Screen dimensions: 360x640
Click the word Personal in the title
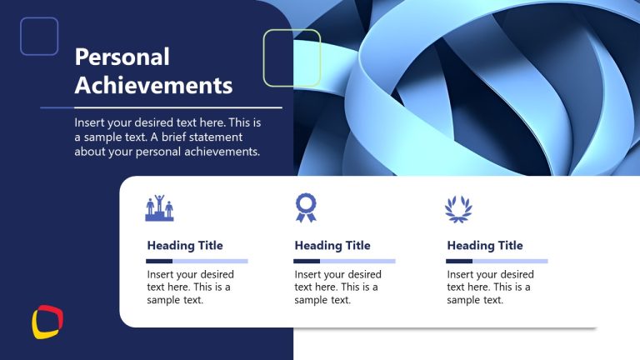coord(122,57)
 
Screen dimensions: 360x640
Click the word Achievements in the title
coord(153,84)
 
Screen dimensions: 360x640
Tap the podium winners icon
coord(160,208)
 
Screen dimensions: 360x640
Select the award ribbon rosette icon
coord(307,207)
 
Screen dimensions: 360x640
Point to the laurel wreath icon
coord(458,208)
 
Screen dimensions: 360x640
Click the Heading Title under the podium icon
coord(185,245)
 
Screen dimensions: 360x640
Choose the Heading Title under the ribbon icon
coord(332,245)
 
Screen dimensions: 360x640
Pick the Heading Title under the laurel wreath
coord(485,245)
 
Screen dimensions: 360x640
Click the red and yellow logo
coord(47,322)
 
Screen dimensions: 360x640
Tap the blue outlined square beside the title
coord(39,37)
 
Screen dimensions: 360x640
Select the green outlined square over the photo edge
coord(292,57)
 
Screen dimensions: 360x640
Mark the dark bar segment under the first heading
coord(159,261)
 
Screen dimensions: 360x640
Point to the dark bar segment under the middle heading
coord(307,261)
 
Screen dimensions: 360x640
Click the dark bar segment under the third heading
coord(459,261)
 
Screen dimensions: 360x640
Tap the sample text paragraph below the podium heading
coord(190,287)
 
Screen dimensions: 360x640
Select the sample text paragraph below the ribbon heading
coord(337,287)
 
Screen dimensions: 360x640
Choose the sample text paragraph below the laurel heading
coord(490,287)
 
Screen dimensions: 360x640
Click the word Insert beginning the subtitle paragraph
coord(89,122)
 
